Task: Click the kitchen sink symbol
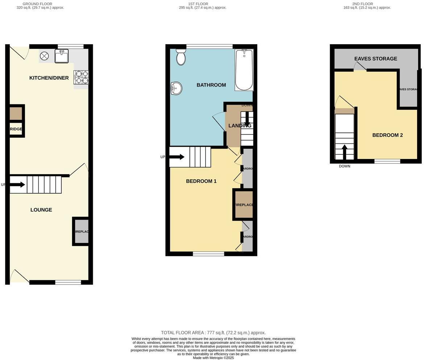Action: [62, 56]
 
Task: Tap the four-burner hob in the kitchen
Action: [82, 77]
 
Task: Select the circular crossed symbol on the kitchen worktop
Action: [44, 56]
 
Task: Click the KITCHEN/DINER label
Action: [49, 78]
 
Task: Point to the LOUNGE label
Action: [41, 210]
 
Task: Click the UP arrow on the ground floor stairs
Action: [17, 185]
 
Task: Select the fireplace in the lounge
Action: [81, 231]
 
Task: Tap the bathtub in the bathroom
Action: [244, 70]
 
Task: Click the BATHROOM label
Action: [211, 85]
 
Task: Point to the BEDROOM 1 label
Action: [201, 181]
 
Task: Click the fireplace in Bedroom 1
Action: [244, 205]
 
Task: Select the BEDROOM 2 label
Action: [387, 135]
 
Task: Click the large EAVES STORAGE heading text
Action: [375, 59]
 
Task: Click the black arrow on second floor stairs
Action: [344, 152]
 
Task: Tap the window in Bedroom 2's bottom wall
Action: [387, 161]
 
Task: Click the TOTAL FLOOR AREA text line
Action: [213, 332]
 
